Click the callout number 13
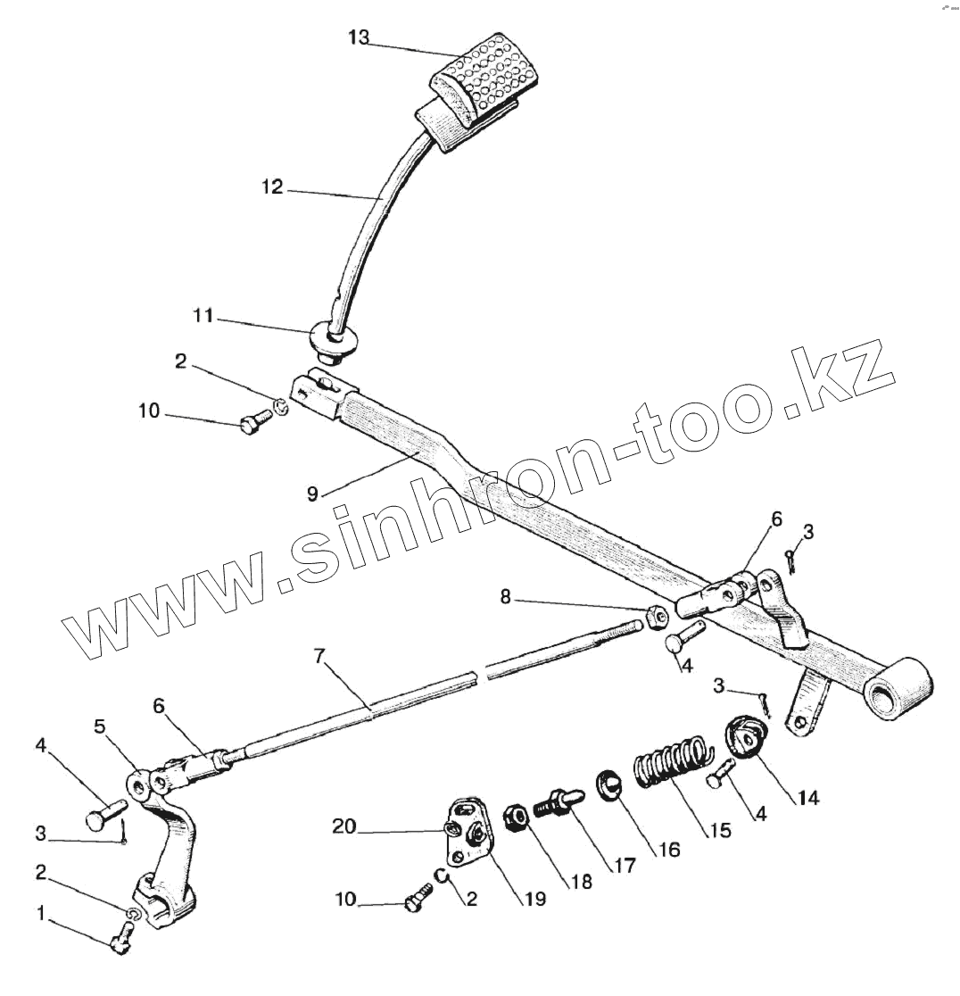(358, 37)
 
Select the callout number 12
(272, 187)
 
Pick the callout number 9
(312, 494)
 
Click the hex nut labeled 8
(654, 615)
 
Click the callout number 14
(807, 797)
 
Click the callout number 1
(39, 912)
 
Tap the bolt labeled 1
(121, 937)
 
